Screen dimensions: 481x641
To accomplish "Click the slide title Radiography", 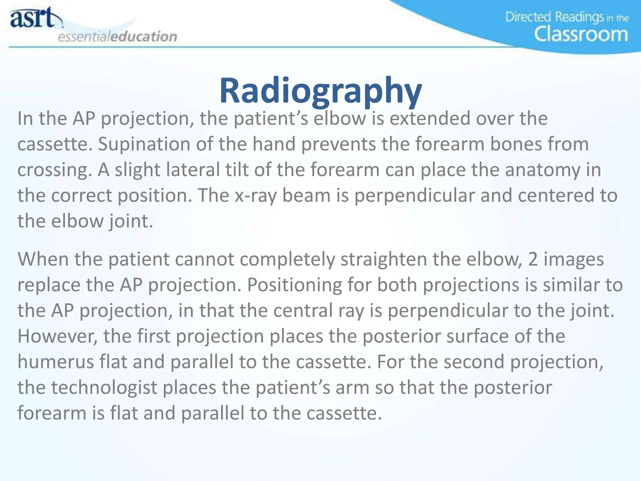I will coord(320,91).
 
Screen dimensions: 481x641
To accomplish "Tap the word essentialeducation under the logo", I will coord(118,37).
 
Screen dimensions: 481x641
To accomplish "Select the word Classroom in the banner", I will coord(581,34).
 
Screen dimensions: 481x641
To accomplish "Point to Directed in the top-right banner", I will coord(528,17).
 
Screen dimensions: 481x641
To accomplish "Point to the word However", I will coord(58,336).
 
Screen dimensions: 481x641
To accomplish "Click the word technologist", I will coord(104,388).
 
